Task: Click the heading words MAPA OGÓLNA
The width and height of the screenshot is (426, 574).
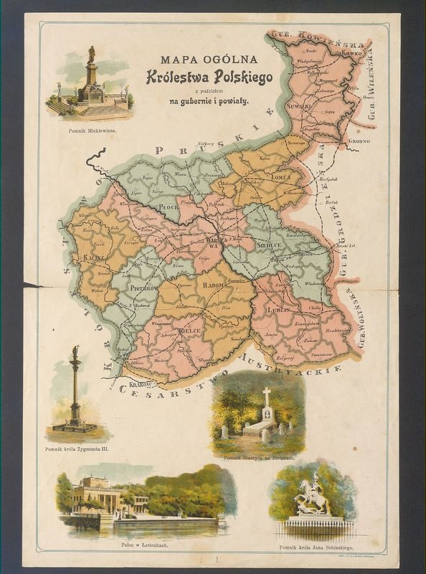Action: (209, 59)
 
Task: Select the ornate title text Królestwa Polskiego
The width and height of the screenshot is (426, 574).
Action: (209, 77)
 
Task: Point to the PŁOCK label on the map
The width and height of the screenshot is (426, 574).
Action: (167, 206)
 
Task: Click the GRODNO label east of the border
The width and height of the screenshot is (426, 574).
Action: (359, 141)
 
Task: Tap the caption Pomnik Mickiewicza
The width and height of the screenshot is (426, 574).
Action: (87, 132)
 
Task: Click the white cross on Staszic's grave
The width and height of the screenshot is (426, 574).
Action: (267, 397)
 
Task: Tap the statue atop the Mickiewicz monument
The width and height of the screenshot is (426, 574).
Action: (91, 55)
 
